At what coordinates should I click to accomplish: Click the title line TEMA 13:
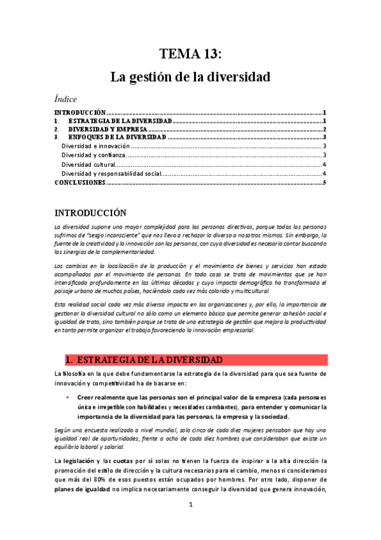[x=190, y=53]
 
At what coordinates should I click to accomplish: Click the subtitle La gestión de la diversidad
[x=190, y=78]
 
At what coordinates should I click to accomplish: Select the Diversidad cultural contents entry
[x=88, y=164]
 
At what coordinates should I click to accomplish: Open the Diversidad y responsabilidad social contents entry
[x=111, y=173]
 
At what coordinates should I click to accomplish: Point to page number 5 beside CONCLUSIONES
[x=324, y=183]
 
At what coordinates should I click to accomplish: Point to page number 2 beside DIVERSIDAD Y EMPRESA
[x=324, y=129]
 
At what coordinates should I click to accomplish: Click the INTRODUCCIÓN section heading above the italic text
[x=90, y=213]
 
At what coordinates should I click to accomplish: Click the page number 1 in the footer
[x=190, y=523]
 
